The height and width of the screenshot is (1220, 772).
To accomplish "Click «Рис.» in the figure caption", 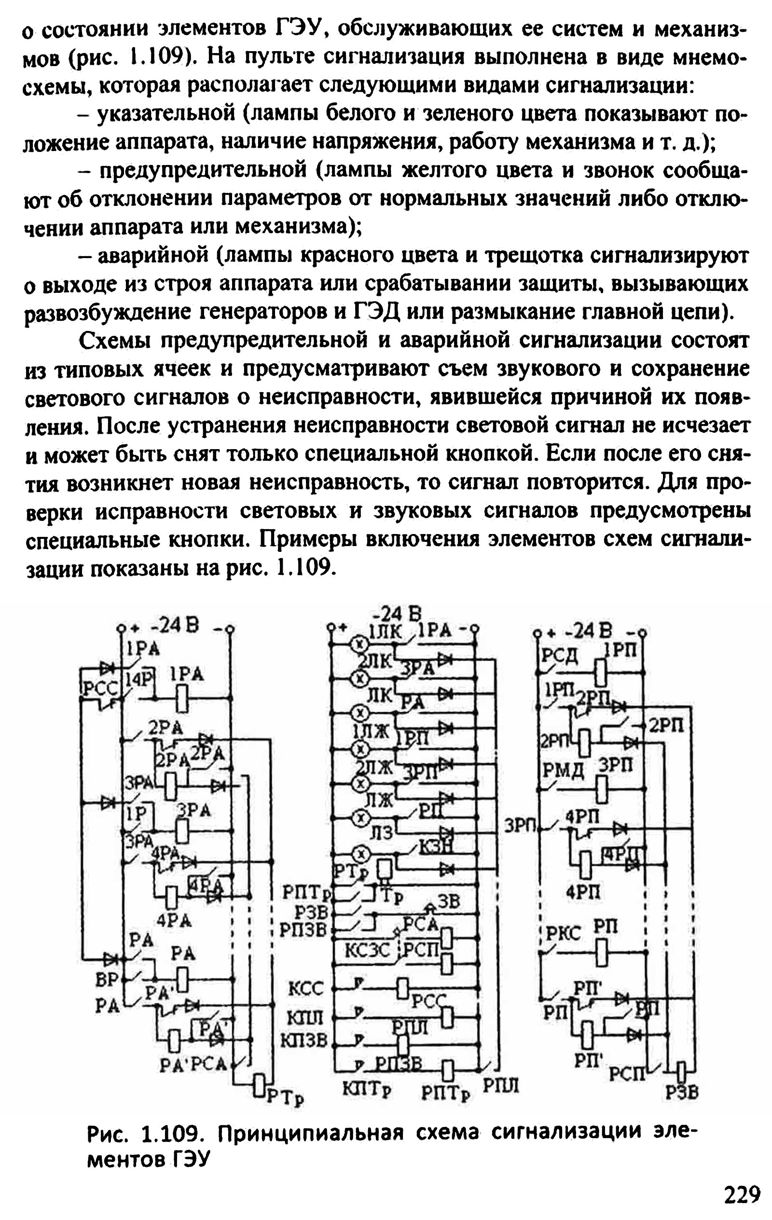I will tap(106, 1132).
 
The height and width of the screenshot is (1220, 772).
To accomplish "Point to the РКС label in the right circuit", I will tap(563, 933).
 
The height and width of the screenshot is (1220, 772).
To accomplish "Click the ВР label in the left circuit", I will tap(107, 979).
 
